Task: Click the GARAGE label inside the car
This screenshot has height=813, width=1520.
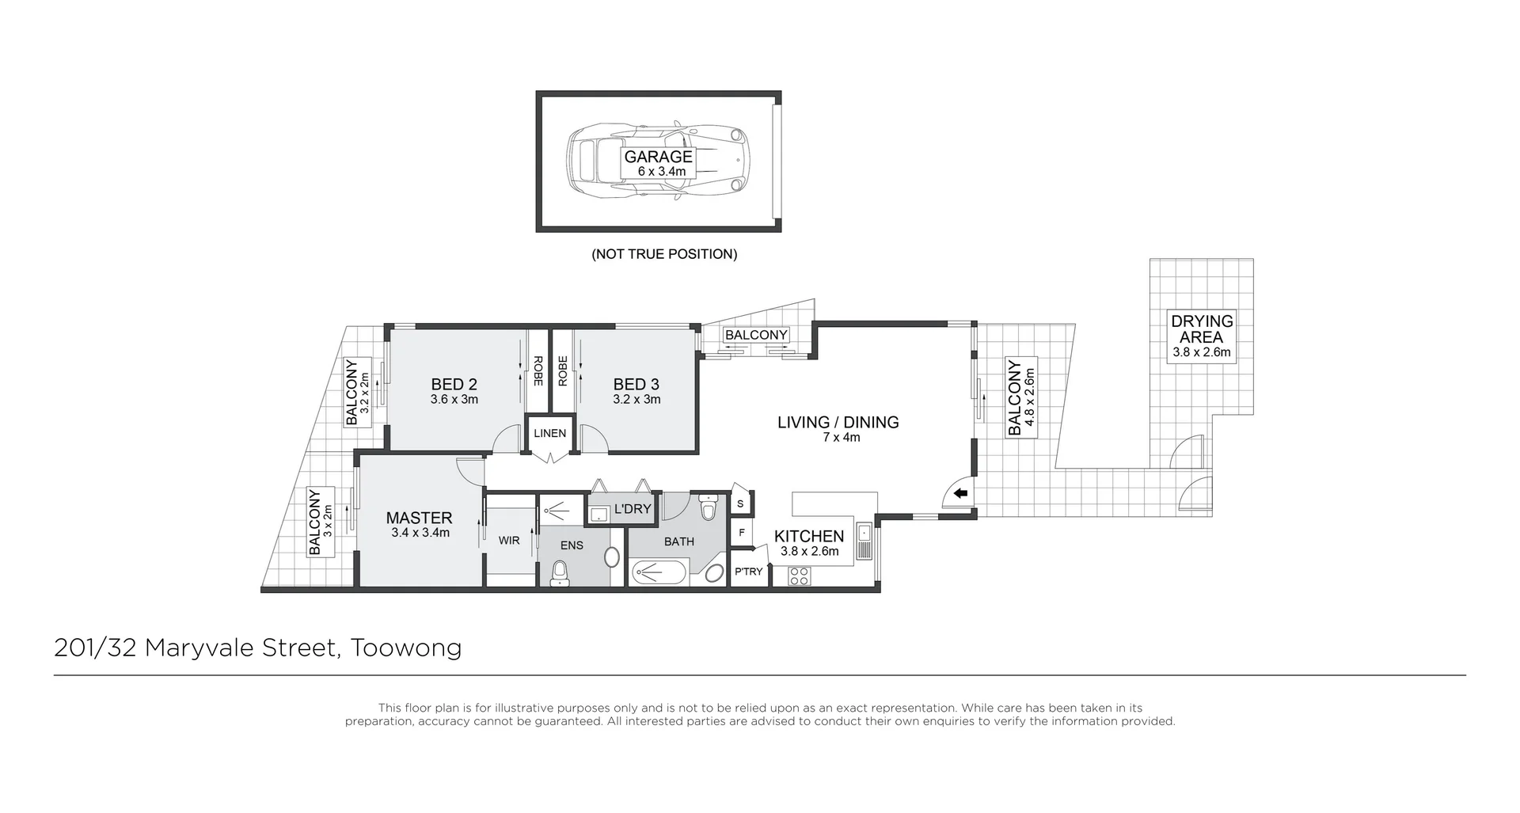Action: (658, 157)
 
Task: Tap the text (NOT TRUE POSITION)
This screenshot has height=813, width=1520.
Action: (664, 254)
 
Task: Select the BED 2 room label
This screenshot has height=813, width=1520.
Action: (454, 385)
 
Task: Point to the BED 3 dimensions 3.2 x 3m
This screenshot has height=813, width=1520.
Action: (636, 400)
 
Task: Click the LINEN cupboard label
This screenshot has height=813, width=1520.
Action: (549, 433)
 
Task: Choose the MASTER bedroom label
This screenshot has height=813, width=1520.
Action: (419, 518)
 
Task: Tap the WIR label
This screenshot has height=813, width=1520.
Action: (509, 541)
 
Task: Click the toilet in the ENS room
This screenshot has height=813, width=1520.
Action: (560, 572)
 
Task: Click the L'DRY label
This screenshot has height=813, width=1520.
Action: (632, 509)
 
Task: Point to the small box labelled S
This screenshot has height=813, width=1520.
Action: (740, 503)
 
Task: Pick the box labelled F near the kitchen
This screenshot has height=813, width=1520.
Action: (741, 533)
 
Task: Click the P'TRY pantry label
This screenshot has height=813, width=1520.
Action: (749, 572)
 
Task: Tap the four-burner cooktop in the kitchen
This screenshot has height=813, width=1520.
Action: (799, 576)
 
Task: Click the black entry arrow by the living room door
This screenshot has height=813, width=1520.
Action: (961, 494)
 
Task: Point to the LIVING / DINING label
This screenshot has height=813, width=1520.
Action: (838, 423)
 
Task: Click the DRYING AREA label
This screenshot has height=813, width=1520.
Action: (1202, 329)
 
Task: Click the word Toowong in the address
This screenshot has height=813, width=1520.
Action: (406, 648)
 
